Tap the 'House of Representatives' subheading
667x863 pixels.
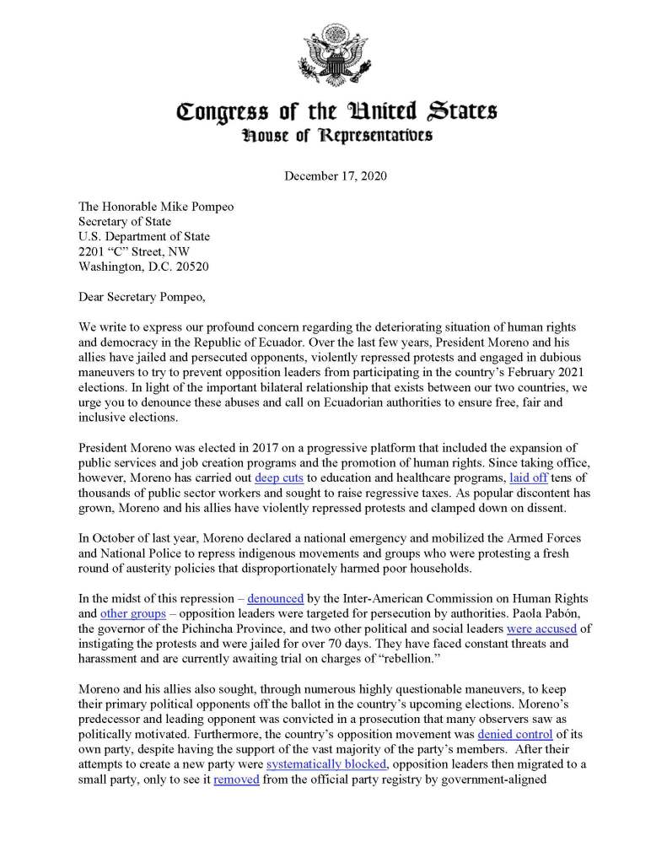tap(334, 135)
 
